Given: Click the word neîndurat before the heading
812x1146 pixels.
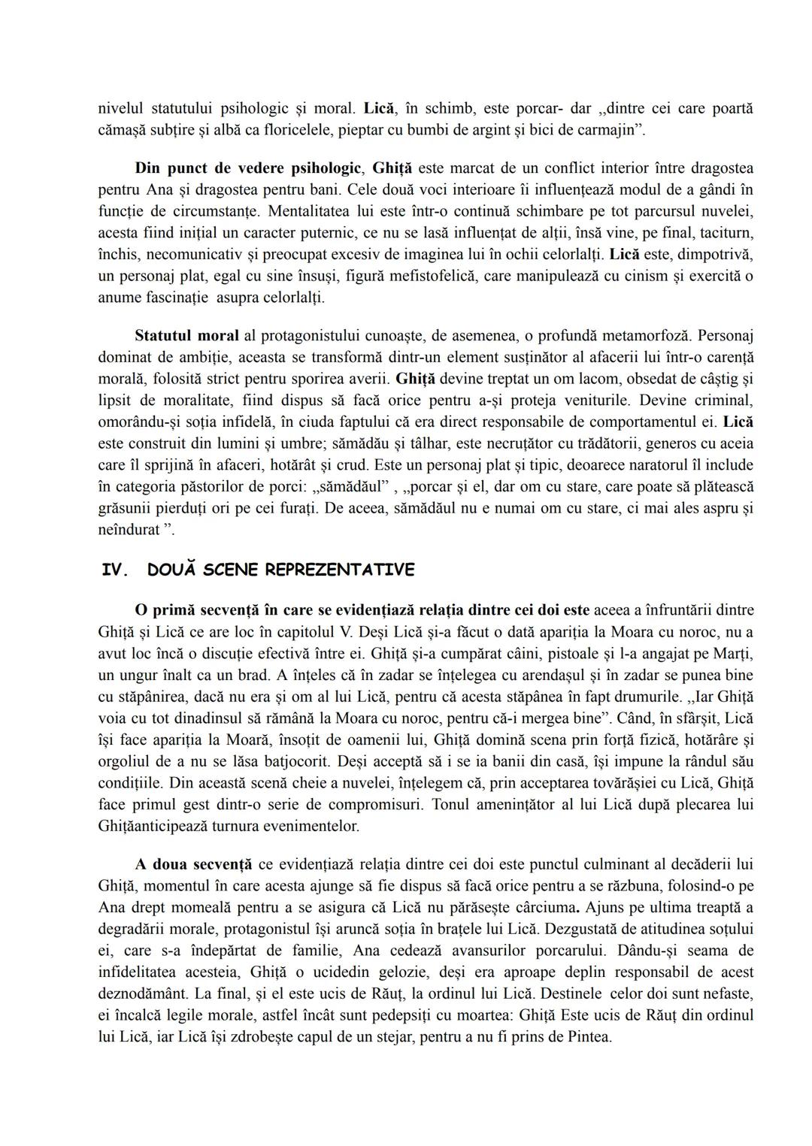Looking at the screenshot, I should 129,530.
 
